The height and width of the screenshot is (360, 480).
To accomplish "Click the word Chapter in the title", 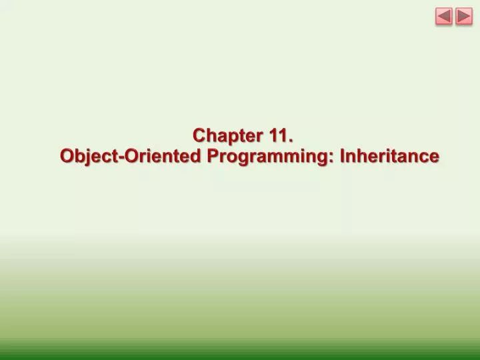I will pos(228,136).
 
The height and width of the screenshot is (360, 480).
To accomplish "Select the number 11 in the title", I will pos(278,136).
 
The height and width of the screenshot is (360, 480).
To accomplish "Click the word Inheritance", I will pos(389,156).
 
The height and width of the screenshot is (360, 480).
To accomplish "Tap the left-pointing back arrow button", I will pos(444,17).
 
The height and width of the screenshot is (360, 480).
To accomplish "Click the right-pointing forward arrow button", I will pos(464,17).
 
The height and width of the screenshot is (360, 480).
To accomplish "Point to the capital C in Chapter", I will pos(199,136).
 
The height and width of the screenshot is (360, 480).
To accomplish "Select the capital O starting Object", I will pos(67,156).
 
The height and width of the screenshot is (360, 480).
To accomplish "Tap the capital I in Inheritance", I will pos(343,156).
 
